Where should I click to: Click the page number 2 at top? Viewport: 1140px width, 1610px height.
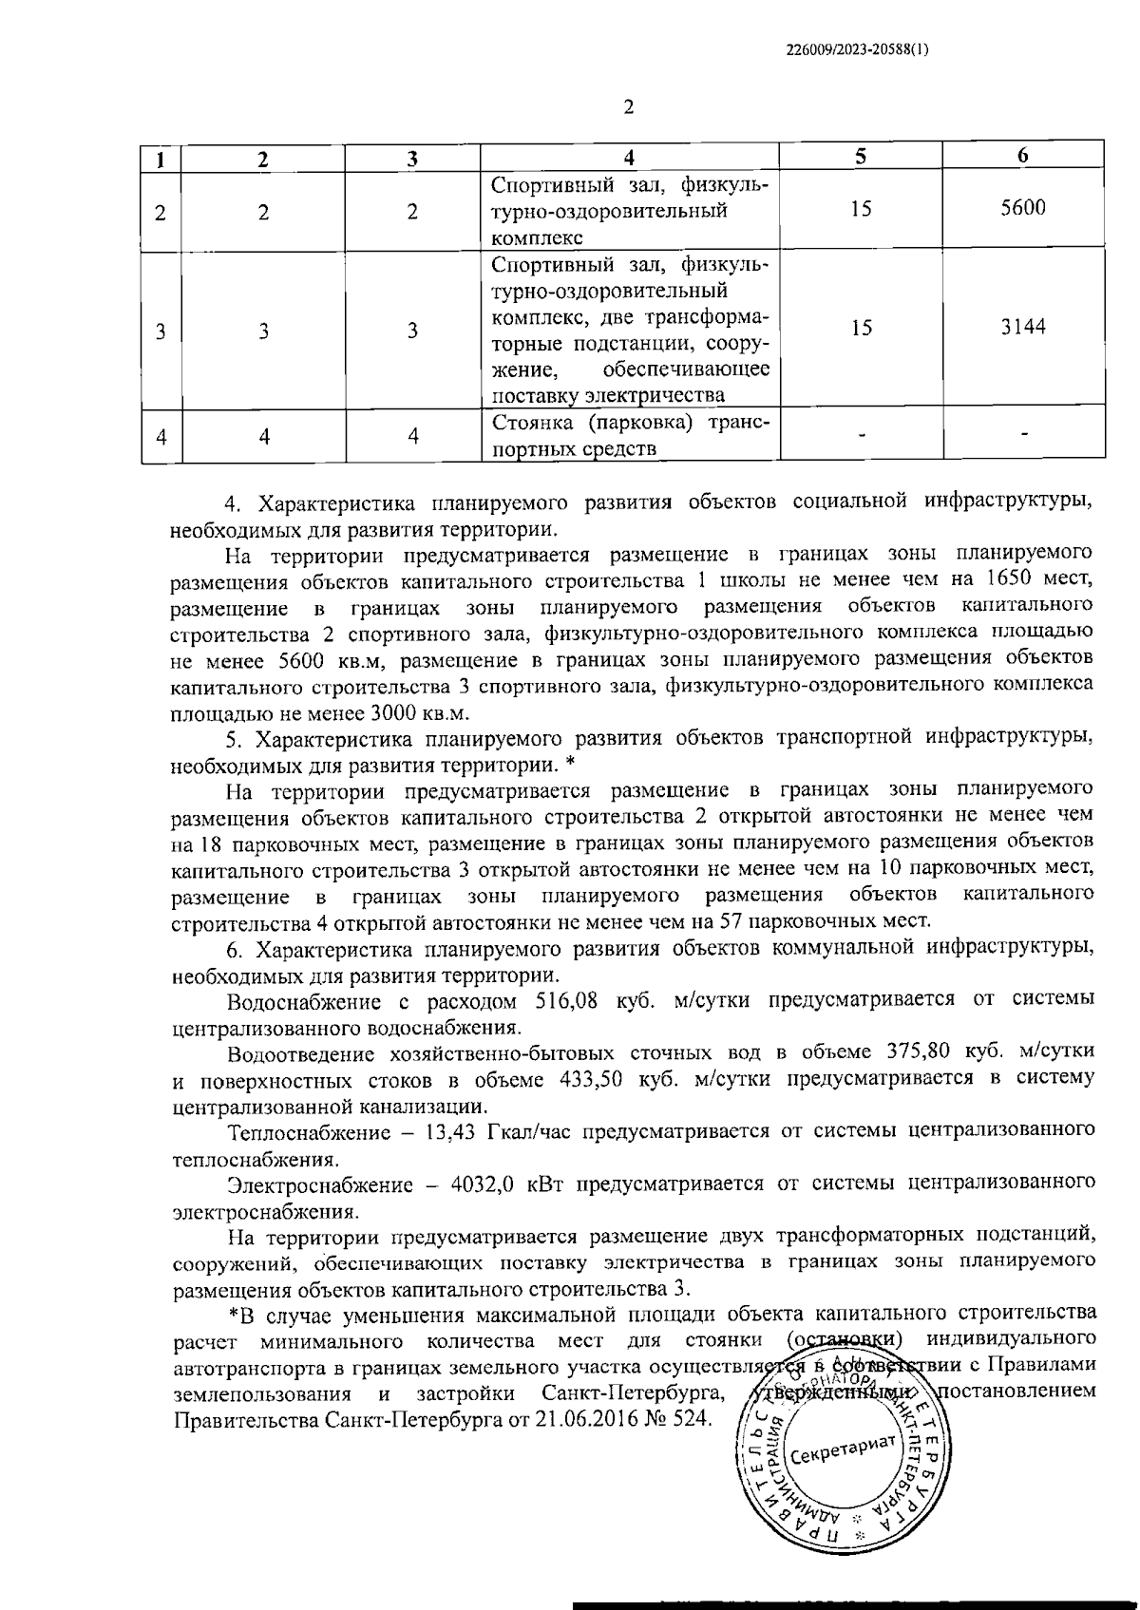coord(627,106)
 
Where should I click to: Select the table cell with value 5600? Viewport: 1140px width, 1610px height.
coord(1023,208)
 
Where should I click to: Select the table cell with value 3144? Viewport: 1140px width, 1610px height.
coord(1023,328)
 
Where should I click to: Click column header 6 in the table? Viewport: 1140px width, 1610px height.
coord(1023,158)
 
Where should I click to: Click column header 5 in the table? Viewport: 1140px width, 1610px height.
coord(861,158)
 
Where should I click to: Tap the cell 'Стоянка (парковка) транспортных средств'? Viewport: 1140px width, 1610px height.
coord(631,435)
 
